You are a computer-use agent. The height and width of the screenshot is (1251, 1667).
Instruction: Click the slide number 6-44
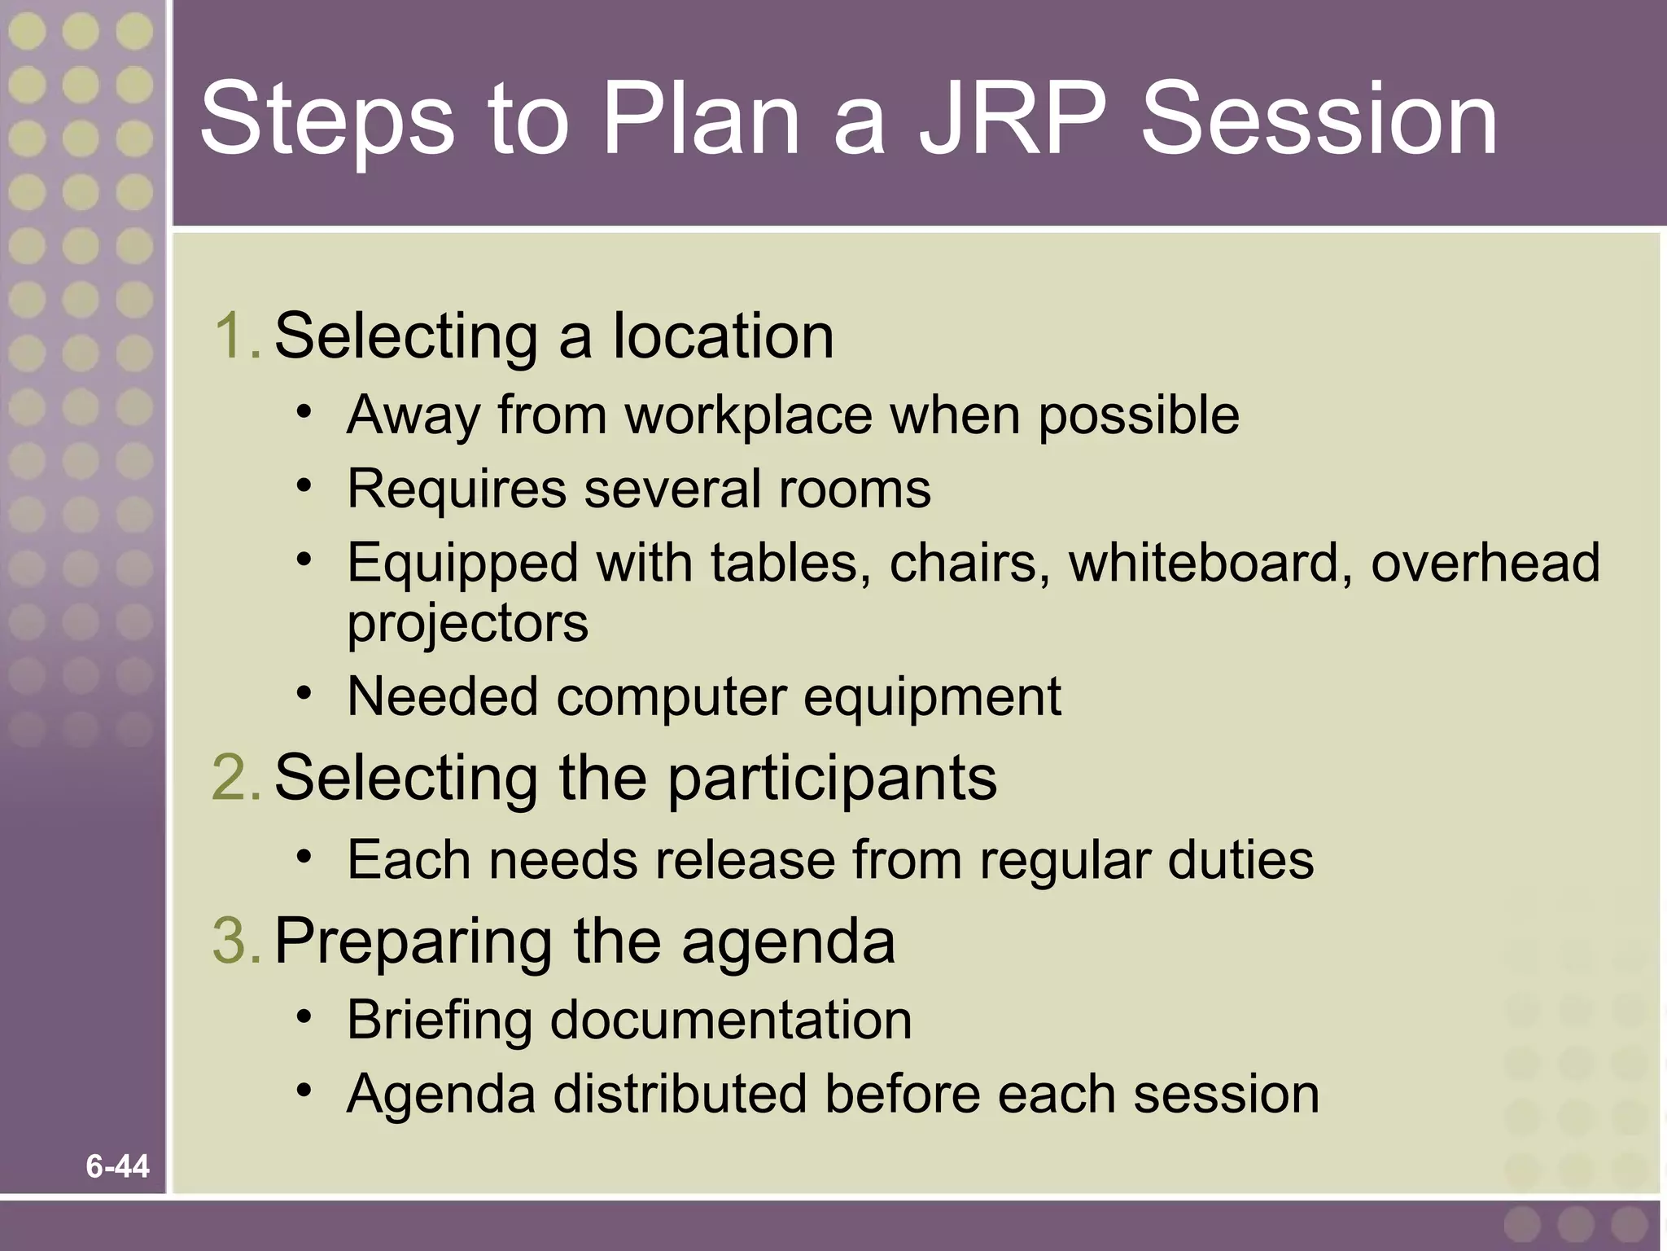[117, 1166]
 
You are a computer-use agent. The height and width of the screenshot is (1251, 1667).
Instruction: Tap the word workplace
[748, 415]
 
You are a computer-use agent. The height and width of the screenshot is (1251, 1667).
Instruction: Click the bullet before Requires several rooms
[304, 487]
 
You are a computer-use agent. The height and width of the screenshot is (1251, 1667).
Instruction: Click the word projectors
[467, 624]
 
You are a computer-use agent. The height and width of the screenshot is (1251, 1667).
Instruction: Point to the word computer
[672, 697]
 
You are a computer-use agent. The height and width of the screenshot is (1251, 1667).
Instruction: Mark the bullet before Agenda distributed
[304, 1091]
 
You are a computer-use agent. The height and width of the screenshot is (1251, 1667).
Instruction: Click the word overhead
[1485, 562]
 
